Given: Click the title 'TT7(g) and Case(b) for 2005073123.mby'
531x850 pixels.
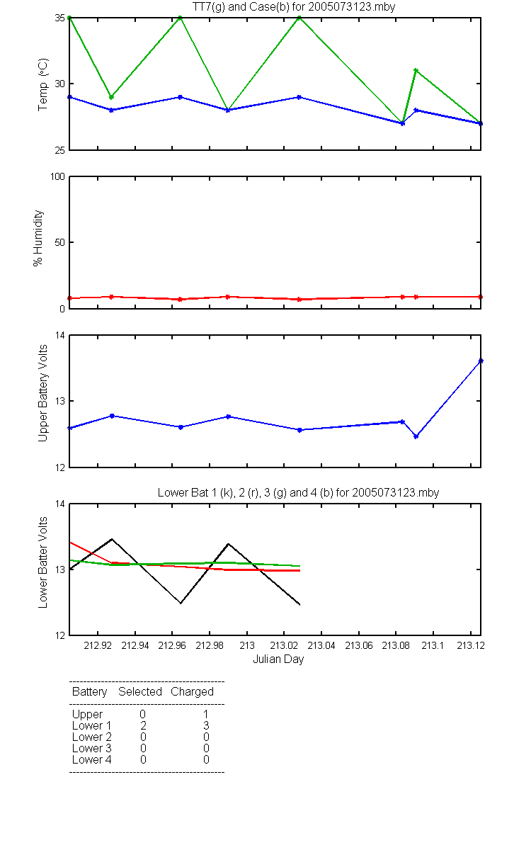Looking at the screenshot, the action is (294, 6).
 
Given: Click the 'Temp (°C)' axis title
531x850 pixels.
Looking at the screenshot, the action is (43, 84).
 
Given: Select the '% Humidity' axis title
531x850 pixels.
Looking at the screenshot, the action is (38, 238).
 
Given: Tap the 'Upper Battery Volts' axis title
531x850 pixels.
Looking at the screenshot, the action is (43, 393).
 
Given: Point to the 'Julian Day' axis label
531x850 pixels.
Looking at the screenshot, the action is (278, 659).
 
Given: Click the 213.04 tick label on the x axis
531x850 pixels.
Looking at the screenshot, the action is (321, 645).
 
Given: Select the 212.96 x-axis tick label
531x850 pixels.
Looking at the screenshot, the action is (172, 645).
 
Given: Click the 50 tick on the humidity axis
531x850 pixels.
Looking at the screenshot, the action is (60, 242).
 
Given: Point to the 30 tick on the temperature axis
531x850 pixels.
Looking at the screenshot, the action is (60, 84).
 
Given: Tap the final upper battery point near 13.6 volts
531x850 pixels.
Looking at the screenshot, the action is (481, 361).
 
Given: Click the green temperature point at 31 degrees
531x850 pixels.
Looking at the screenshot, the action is (416, 70).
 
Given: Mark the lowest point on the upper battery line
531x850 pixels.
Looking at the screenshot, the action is (416, 437).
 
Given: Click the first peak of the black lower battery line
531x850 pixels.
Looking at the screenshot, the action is (112, 539).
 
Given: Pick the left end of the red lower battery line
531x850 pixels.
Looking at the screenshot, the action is (70, 543).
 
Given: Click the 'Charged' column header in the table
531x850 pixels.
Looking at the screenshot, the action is (192, 692).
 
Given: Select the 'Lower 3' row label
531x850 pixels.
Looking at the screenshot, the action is (92, 748).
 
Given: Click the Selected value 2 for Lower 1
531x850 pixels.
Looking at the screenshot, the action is (143, 726).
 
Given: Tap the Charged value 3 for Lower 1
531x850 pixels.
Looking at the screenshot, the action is (206, 726).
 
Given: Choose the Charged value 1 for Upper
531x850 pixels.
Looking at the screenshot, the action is (206, 714).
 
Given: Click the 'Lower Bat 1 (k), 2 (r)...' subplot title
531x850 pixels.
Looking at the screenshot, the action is (298, 492).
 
